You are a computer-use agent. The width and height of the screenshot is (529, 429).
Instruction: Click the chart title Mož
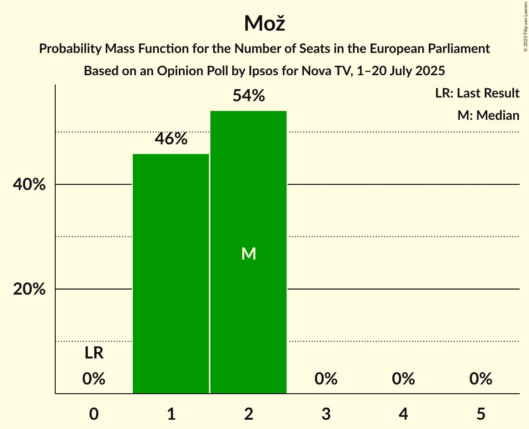pos(264,23)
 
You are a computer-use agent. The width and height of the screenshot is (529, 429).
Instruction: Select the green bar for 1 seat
pos(171,273)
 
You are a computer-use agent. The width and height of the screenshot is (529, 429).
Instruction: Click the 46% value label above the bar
pos(171,138)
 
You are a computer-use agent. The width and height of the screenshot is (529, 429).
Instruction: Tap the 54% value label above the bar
pos(248,96)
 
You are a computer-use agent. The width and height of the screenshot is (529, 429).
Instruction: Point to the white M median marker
pos(248,253)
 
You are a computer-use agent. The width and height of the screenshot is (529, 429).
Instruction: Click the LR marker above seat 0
pos(94,353)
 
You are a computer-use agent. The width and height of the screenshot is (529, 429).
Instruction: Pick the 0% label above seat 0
pos(94,379)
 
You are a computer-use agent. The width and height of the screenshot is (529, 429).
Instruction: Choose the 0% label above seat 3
pos(326,379)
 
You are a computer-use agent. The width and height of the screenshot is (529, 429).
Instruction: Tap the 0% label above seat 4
pos(403,379)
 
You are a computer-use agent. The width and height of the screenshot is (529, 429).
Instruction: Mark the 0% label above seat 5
pos(481,379)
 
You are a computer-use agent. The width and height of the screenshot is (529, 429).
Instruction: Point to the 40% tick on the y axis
pos(29,185)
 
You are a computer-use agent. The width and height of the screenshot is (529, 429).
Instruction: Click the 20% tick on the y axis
pos(29,289)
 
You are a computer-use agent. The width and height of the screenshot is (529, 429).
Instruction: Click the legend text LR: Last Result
pos(477,93)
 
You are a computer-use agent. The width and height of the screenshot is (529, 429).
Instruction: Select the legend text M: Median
pos(488,115)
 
